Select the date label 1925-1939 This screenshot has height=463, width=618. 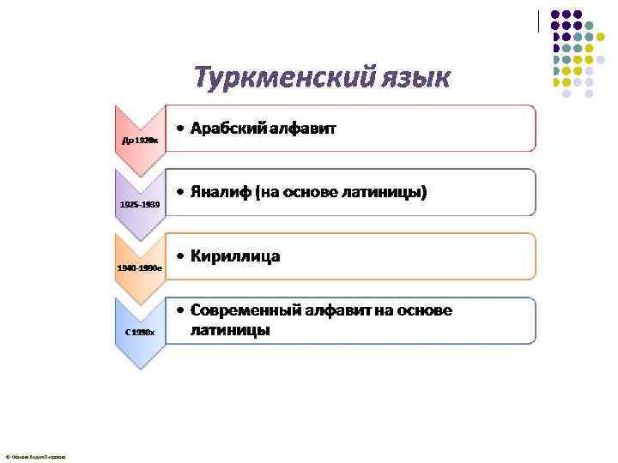139,205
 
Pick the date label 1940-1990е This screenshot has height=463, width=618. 141,268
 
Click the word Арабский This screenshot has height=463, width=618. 230,129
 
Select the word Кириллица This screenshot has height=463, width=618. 235,256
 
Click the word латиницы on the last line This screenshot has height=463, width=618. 230,329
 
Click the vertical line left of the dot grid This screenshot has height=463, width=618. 538,21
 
